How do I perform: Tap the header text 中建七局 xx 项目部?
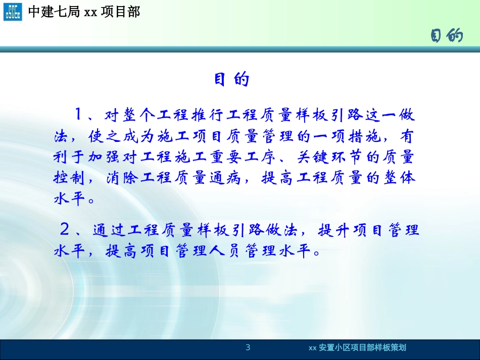click(83, 12)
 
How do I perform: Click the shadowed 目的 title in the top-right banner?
click(447, 36)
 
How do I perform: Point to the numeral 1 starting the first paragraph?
click(79, 115)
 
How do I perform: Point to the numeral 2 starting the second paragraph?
click(65, 230)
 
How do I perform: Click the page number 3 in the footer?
click(248, 347)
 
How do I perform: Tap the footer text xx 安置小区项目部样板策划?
click(357, 347)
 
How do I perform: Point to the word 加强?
click(106, 158)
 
